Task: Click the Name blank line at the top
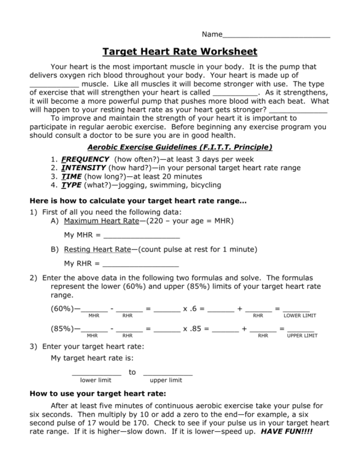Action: pos(276,36)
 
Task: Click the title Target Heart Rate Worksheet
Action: pos(180,51)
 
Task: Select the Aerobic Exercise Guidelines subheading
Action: pos(180,147)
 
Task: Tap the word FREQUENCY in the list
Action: pos(85,159)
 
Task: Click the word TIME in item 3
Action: pos(72,176)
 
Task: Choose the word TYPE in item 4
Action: pos(72,185)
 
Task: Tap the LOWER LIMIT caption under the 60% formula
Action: pos(300,316)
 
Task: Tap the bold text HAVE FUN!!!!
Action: pos(287,431)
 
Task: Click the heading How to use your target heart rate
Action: pos(98,394)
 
